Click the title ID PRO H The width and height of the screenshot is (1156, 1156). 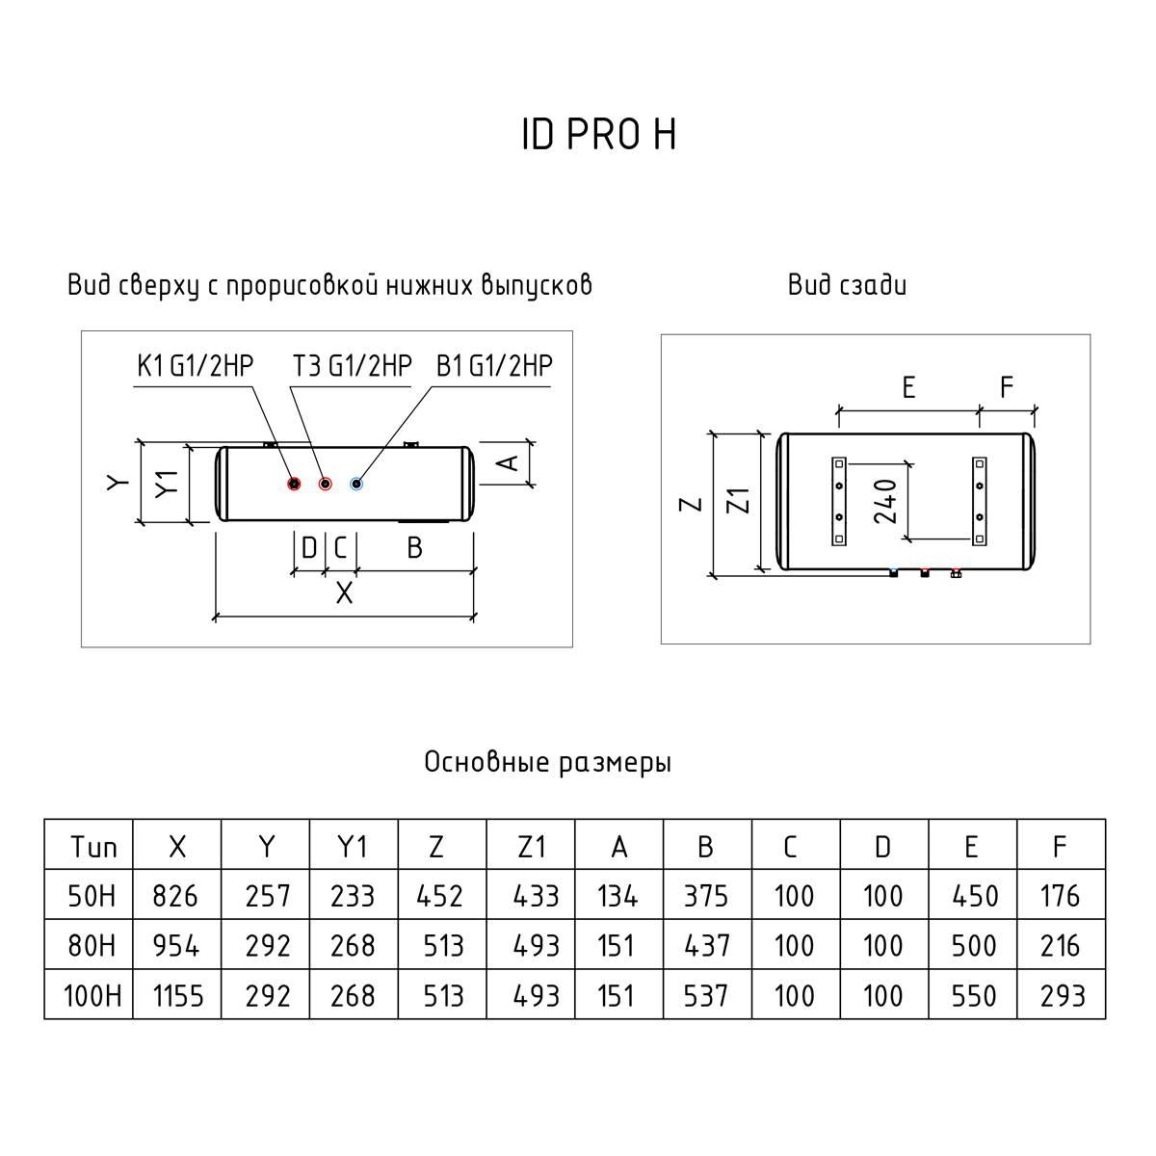(598, 135)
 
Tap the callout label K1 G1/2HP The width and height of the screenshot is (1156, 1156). (195, 366)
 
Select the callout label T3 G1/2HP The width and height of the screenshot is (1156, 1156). (353, 366)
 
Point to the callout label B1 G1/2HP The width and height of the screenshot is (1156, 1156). (495, 366)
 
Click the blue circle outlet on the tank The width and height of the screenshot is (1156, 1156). (357, 484)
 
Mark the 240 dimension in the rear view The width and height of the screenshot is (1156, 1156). (886, 501)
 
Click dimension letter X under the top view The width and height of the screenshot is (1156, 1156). (344, 592)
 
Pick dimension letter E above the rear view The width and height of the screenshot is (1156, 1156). (907, 387)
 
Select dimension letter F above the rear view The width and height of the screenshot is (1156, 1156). (1007, 387)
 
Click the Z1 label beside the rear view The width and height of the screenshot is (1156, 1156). (739, 502)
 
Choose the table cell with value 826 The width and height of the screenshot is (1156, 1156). (176, 896)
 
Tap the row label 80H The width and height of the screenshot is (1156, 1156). (92, 946)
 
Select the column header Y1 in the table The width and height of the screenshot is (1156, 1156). (353, 847)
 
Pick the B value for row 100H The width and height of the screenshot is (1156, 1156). (706, 995)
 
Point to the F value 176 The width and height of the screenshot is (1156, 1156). (1061, 896)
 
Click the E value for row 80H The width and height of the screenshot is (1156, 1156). (973, 946)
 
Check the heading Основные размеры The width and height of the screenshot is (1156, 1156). (547, 763)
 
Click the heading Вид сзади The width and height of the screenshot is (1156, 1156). (847, 285)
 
